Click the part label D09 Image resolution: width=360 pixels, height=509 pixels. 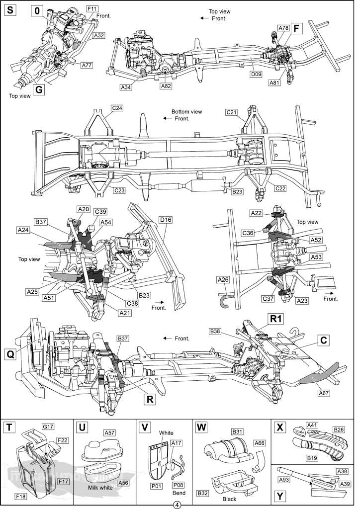coord(256,74)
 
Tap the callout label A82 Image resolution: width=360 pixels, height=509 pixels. coord(166,86)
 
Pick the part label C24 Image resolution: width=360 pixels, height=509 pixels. coord(117,108)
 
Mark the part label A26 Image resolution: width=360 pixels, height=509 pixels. coord(223,280)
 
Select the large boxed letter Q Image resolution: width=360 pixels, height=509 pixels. coord(10,354)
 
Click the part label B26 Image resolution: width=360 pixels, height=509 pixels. coord(340,429)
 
